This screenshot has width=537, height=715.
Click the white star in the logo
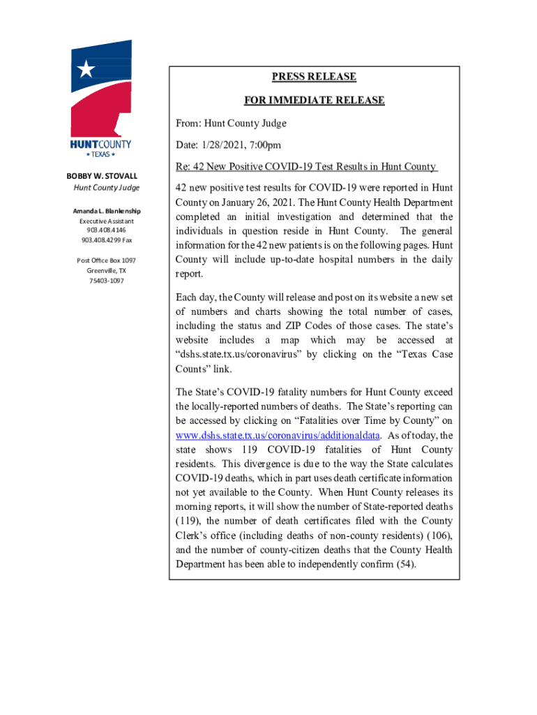pos(86,68)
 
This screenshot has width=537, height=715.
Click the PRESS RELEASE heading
pos(314,77)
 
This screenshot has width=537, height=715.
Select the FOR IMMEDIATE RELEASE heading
pos(314,101)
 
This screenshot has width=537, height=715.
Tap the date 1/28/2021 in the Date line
pos(225,145)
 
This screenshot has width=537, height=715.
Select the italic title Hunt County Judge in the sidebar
pos(107,188)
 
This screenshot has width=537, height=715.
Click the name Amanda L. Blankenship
pos(107,211)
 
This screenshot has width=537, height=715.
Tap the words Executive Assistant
pos(107,221)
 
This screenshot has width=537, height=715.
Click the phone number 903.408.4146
pos(107,230)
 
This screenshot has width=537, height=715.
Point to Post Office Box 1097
pos(107,260)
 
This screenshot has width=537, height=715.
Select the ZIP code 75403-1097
pos(107,281)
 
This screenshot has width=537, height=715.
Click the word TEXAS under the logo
pos(100,154)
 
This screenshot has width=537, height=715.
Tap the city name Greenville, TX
pos(107,271)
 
